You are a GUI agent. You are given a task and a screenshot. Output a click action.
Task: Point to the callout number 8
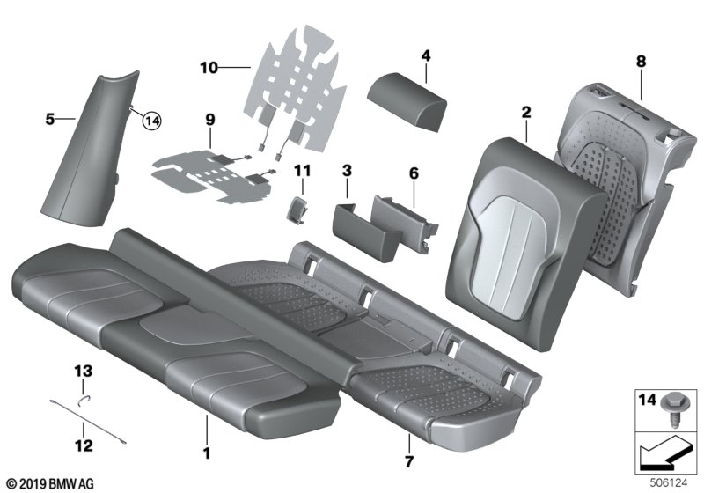point(641,62)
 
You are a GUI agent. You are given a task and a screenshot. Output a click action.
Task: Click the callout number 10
point(208,66)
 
